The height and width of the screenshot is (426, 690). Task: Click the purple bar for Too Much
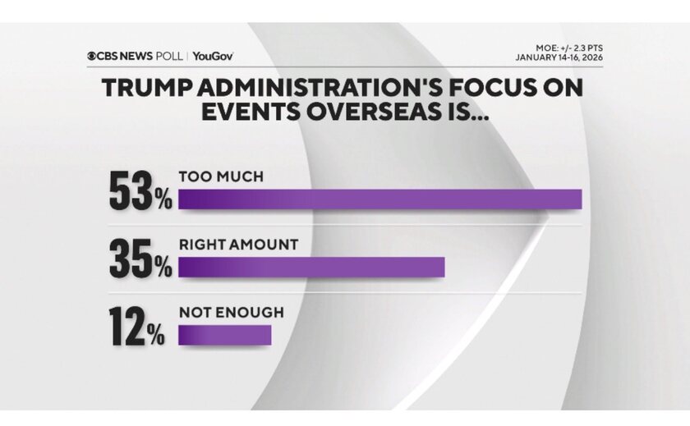click(x=379, y=199)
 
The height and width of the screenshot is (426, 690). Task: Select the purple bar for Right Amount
click(x=311, y=268)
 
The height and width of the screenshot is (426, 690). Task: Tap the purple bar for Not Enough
click(x=224, y=335)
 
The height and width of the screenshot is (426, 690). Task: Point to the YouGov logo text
click(x=214, y=56)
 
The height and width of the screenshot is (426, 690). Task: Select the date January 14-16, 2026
click(x=554, y=57)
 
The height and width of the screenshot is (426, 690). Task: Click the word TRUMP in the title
click(x=143, y=89)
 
